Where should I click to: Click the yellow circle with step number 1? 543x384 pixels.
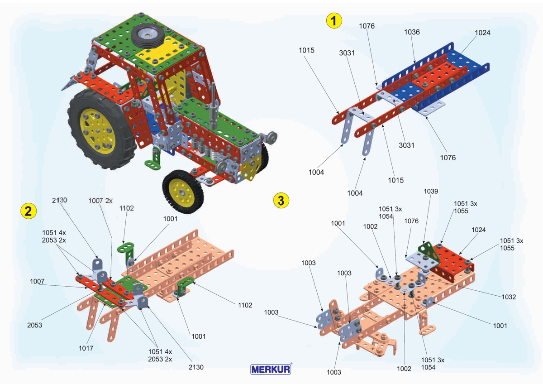(334, 20)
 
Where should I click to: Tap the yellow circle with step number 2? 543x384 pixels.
(28, 211)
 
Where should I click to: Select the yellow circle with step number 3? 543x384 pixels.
(281, 200)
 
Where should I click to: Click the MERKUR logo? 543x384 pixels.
(271, 369)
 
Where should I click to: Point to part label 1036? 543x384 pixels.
(412, 32)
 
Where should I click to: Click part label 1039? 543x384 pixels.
(431, 192)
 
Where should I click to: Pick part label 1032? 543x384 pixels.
(509, 297)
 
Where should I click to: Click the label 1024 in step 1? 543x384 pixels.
(482, 33)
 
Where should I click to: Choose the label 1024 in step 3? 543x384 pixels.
(478, 230)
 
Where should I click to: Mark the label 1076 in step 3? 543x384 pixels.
(412, 221)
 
